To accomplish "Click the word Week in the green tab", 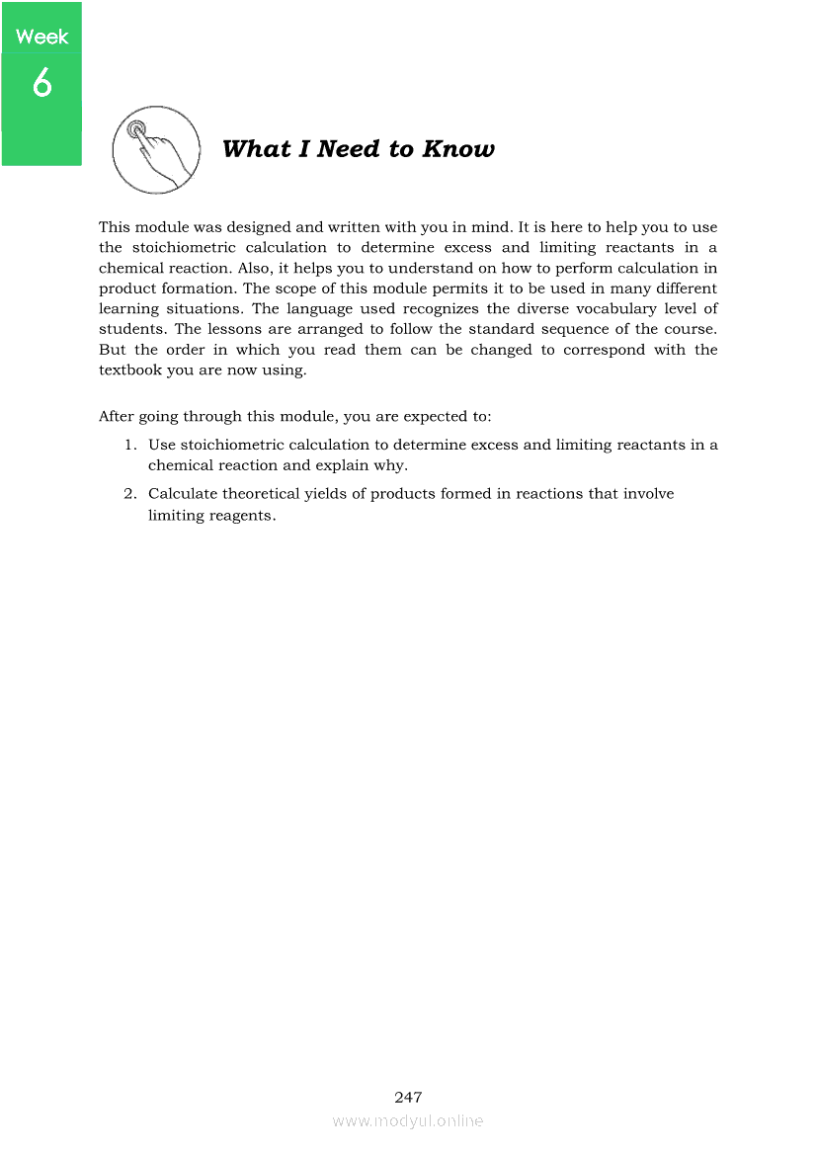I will pos(42,38).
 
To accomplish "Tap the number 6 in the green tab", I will pos(41,84).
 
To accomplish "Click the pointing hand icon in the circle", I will pos(155,151).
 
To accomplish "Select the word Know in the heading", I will pos(458,149).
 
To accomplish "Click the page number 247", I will pos(408,1098).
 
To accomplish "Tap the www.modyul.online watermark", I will pos(408,1121).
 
